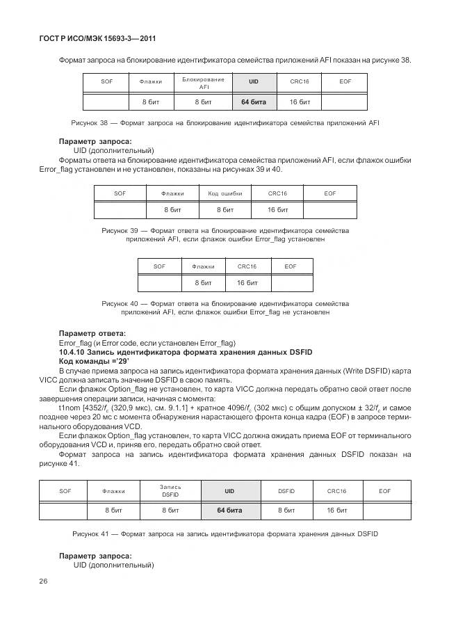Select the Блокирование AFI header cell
coord(204,83)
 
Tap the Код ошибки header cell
coord(224,193)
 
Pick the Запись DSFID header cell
coord(170,490)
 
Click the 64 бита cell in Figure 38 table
coord(254,102)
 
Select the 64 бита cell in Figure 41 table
coord(229,511)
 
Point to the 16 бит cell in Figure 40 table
coord(247,283)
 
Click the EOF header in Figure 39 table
coord(329,193)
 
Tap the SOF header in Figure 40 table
coord(159,266)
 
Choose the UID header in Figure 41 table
coord(229,491)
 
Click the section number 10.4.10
coord(75,353)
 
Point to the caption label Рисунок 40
coord(122,304)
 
